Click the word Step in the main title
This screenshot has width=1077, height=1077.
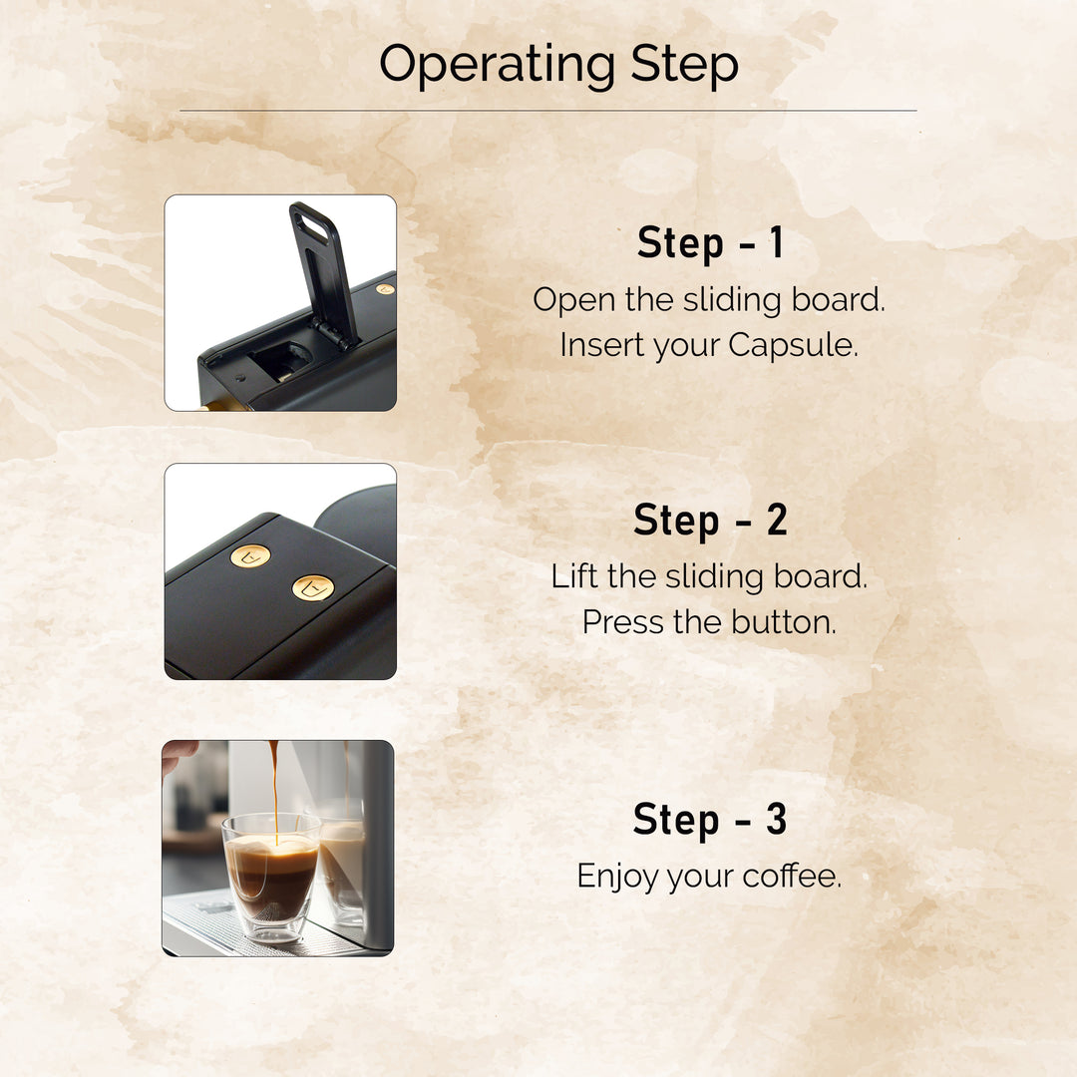click(684, 65)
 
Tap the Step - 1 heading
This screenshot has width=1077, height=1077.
click(710, 244)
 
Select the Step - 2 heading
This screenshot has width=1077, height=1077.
click(710, 521)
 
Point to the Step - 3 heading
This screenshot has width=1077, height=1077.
click(710, 820)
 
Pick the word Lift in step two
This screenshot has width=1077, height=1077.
click(574, 576)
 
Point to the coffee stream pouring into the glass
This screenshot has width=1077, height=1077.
click(273, 788)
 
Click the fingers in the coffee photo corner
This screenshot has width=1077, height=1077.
click(179, 754)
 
